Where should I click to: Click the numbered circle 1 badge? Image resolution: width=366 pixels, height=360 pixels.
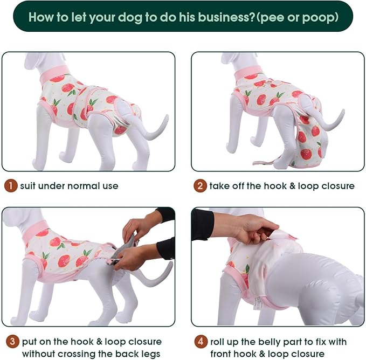(10, 186)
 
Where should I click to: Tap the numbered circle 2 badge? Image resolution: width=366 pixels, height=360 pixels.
(200, 186)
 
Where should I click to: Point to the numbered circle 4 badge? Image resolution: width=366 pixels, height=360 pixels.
(200, 342)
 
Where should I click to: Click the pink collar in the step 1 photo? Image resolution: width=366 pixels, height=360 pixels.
(53, 74)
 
